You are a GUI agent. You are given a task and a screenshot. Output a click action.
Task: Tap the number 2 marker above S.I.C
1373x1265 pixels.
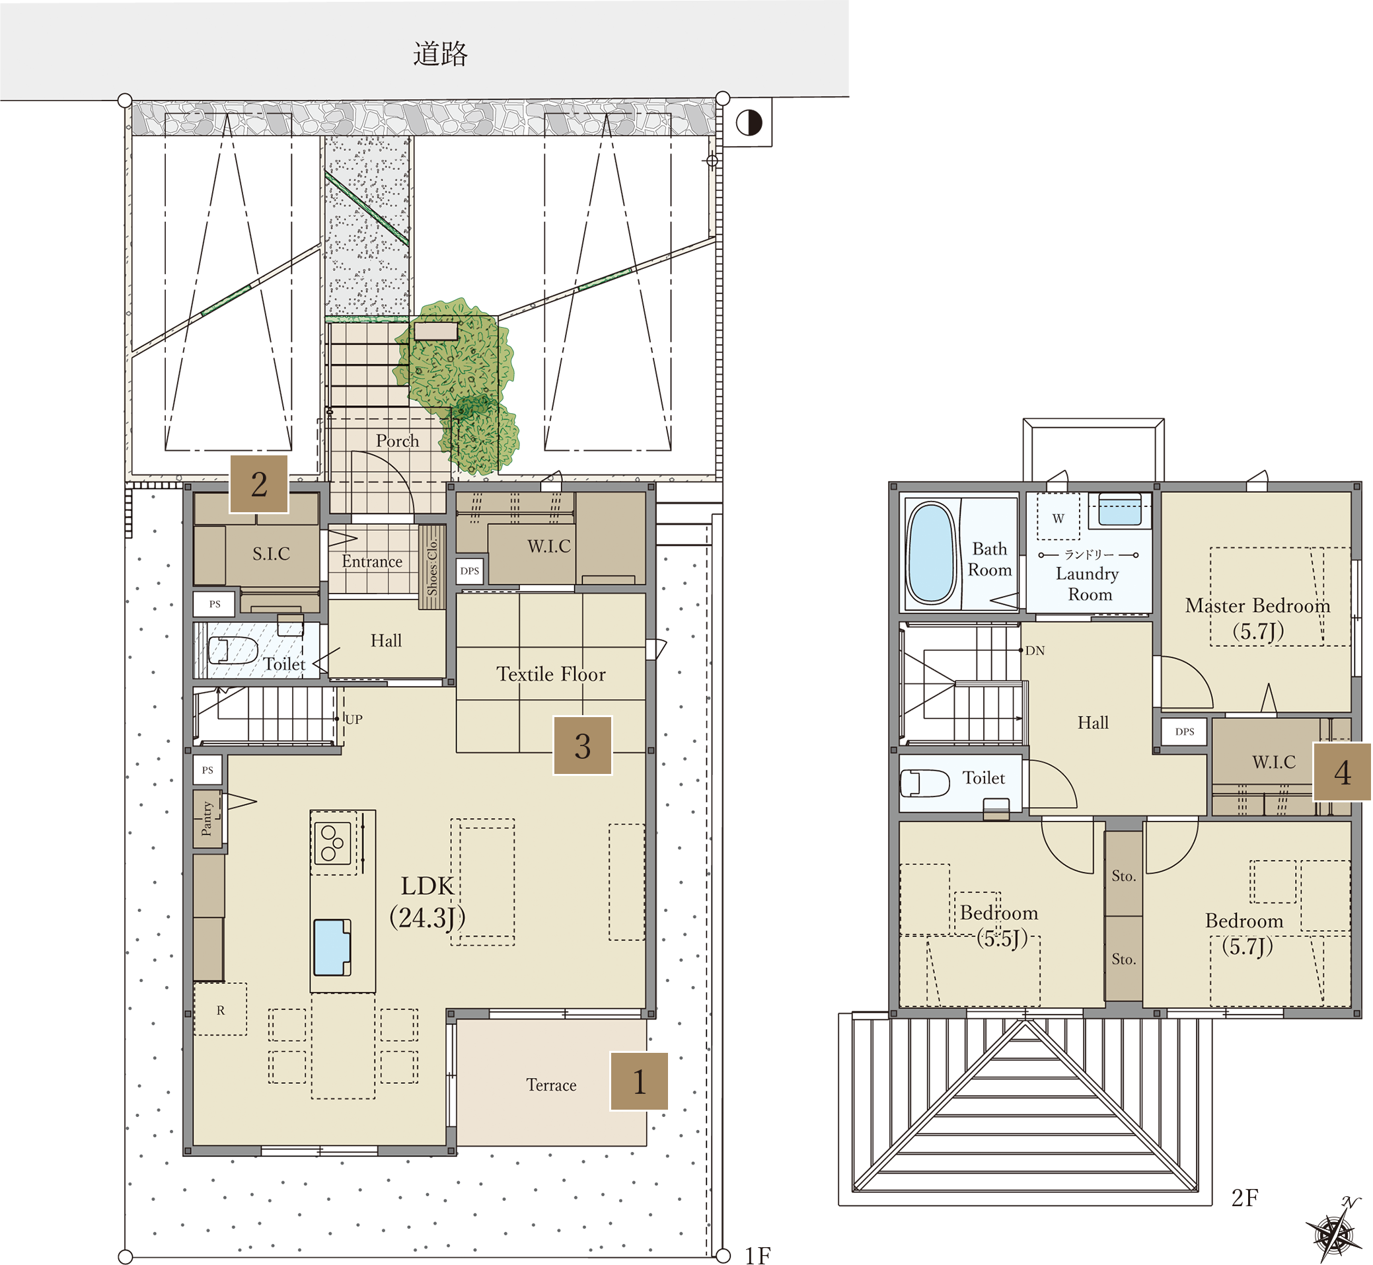[259, 484]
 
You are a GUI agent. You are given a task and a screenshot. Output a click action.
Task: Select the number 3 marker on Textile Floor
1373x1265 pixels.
[583, 746]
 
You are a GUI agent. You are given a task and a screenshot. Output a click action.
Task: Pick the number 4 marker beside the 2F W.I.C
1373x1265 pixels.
[1342, 771]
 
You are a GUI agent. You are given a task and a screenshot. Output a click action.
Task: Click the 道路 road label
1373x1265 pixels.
[440, 54]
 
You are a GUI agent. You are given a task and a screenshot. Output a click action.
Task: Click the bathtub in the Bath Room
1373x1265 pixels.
[931, 553]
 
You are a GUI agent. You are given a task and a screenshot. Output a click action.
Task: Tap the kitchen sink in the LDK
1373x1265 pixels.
[332, 947]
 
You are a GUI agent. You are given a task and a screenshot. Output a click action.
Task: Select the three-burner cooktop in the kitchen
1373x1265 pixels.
[333, 843]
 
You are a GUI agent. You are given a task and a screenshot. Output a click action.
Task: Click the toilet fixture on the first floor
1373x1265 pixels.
[232, 650]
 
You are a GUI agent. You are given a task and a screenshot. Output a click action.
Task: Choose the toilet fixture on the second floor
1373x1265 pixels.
[924, 784]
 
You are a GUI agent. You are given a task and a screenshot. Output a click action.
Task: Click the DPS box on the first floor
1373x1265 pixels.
[470, 571]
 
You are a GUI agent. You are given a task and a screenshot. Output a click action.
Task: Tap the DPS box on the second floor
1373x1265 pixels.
[1185, 732]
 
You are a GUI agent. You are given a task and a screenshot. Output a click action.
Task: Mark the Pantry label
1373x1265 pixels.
[207, 820]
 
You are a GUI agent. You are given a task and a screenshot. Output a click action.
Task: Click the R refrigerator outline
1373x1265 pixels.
[221, 1011]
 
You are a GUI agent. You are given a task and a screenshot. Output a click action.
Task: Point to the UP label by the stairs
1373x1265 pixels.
[354, 720]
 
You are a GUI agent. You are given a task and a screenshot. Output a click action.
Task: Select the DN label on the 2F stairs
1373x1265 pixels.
[1035, 651]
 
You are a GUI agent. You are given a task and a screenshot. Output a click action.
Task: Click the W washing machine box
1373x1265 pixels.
[1058, 518]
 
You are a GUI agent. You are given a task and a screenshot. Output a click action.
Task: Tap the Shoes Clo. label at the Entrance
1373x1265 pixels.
[433, 568]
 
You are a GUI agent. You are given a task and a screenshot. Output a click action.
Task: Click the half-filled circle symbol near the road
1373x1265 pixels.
[749, 123]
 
